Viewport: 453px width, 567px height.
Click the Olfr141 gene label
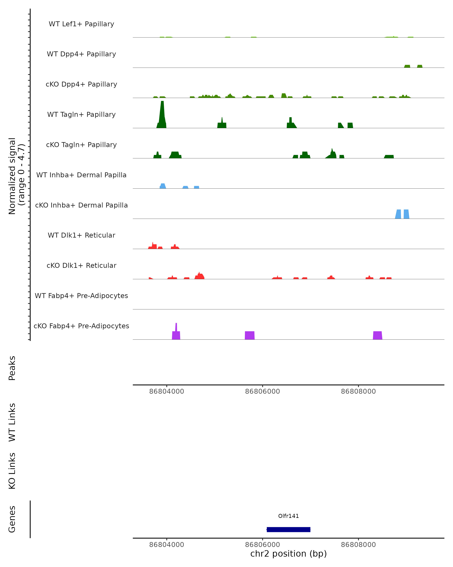[288, 516]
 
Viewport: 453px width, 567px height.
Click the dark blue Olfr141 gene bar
[288, 529]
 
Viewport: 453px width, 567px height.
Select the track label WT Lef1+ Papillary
[81, 24]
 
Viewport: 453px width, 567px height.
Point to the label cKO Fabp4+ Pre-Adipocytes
[81, 326]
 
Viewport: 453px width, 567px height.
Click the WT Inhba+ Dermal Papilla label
[81, 175]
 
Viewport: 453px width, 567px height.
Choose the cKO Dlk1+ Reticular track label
[81, 265]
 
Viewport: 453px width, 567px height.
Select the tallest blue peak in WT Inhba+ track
[163, 186]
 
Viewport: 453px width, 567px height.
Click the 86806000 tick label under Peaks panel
[262, 391]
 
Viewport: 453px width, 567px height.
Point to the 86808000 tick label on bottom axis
[358, 545]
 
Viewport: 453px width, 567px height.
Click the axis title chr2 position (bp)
[288, 554]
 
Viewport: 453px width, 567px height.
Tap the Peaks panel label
[12, 368]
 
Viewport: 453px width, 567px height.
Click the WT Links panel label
[12, 422]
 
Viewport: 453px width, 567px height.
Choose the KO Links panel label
[12, 471]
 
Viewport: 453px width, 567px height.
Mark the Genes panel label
[12, 519]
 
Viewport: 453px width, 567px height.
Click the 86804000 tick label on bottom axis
[166, 545]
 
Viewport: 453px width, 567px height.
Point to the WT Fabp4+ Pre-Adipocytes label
[81, 296]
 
